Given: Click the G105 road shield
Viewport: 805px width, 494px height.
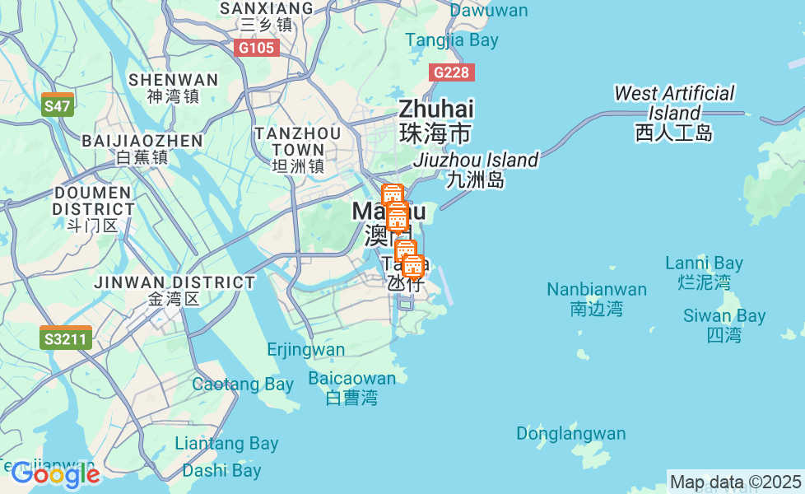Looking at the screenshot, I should click(x=256, y=48).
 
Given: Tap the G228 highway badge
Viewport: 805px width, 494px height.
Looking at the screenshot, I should click(x=451, y=72).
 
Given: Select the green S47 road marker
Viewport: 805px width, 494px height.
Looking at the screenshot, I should click(x=58, y=105).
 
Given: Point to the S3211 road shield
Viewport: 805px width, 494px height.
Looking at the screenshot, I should click(x=66, y=338).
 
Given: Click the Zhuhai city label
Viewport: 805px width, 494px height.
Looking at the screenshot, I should click(x=435, y=119).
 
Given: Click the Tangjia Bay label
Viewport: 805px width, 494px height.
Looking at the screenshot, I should click(x=452, y=40).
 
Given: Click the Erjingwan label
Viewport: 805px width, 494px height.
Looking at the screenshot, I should click(x=306, y=350).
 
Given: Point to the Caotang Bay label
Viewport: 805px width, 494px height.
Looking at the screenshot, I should click(x=243, y=384).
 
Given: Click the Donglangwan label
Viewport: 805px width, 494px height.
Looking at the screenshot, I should click(x=571, y=433).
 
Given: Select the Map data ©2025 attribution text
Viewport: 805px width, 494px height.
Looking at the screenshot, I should click(x=735, y=482).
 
